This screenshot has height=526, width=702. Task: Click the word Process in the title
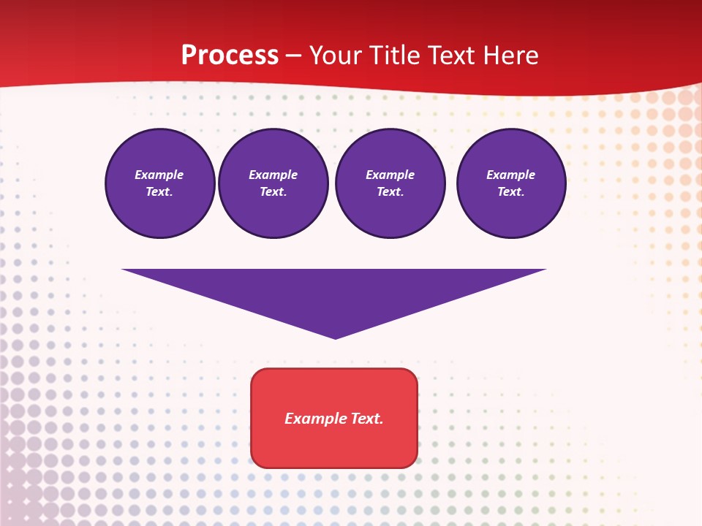tap(230, 56)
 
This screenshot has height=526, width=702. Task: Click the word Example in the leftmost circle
tap(159, 175)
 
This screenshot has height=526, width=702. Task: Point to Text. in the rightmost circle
tap(511, 192)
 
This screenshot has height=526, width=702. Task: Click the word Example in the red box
tap(316, 419)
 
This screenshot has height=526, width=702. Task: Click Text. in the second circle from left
tap(273, 192)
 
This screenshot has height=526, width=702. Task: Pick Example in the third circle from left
tap(390, 175)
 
